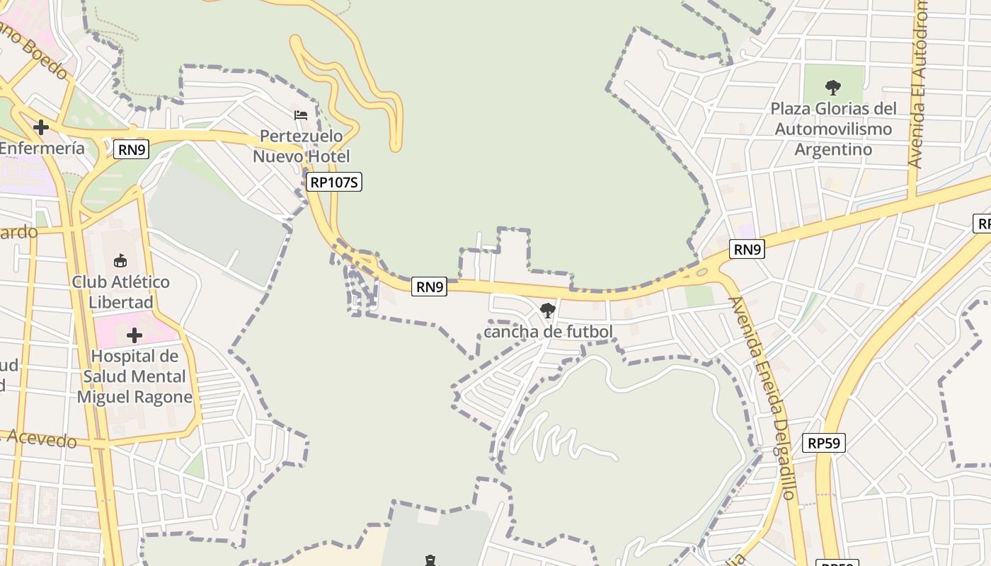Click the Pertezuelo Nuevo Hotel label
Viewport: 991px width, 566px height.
pos(302,146)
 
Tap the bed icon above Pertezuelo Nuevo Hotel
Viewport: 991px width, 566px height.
pos(301,115)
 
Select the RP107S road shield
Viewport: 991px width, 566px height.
pos(335,183)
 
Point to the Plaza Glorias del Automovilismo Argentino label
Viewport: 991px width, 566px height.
pos(833,129)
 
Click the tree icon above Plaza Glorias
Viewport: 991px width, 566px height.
pos(833,88)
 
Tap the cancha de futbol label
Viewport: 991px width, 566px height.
pos(548,331)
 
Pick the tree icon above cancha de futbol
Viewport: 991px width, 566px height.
pos(547,310)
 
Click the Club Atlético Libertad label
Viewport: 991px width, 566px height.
pos(120,291)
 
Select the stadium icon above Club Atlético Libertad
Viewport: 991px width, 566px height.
pos(120,260)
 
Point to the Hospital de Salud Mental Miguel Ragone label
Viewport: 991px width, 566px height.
pos(134,376)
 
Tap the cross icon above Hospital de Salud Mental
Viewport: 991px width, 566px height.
pos(134,335)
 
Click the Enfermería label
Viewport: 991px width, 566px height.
pos(42,149)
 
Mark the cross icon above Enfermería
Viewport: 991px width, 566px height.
pos(41,127)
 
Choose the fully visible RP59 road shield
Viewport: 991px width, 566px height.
pos(825,444)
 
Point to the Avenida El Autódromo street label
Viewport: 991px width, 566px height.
pos(918,85)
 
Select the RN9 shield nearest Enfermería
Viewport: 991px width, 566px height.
pos(131,149)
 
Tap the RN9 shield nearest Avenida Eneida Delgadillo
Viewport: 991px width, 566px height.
pos(747,249)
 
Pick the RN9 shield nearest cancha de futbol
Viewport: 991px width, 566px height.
pos(430,287)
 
